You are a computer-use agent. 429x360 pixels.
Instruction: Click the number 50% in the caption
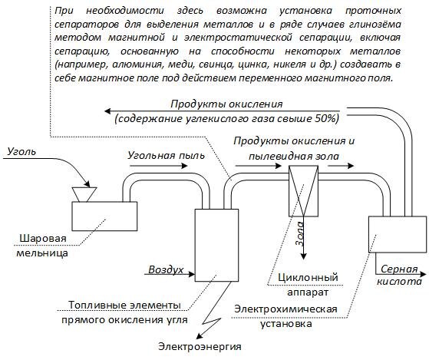click(x=327, y=118)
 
